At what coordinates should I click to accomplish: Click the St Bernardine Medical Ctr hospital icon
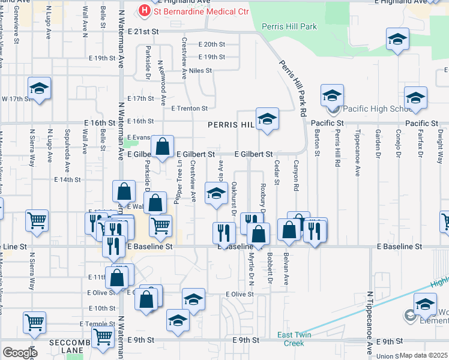coord(144,10)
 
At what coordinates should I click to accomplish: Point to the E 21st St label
coord(145,31)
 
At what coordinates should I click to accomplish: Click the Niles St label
coord(200,71)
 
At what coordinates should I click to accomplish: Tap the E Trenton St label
coord(189,109)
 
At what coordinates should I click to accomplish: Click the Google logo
coord(20,352)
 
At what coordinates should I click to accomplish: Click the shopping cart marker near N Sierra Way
coord(37,220)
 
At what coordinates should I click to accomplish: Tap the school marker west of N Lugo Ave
coord(40,89)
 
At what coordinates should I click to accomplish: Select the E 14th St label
coord(67,179)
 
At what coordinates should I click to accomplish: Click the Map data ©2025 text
coord(423,355)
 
